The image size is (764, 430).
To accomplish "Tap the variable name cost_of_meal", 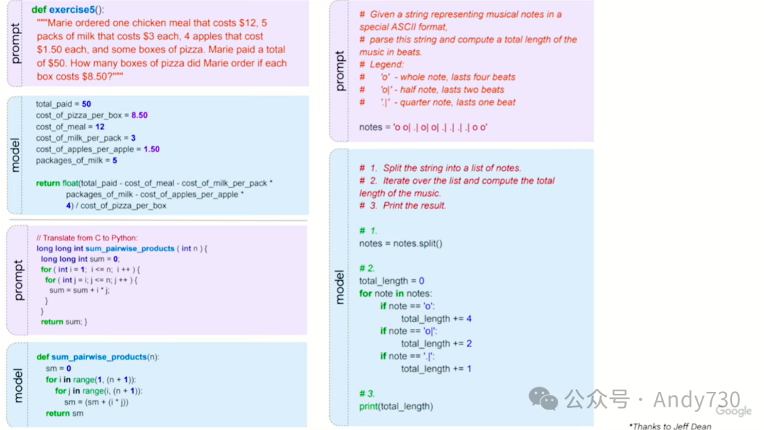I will [x=60, y=127].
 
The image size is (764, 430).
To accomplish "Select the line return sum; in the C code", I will [x=64, y=322].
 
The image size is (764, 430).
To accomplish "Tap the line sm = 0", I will [x=59, y=368].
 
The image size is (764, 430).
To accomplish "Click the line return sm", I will [x=64, y=413].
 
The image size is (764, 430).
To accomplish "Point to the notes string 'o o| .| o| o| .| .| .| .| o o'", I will [x=440, y=127].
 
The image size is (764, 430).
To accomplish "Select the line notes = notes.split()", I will [x=400, y=243].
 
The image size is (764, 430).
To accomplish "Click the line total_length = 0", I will [x=391, y=281].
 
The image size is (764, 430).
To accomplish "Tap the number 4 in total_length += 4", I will [x=469, y=319].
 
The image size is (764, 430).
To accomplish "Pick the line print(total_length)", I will [x=395, y=406].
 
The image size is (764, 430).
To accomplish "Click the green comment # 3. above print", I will [x=366, y=393].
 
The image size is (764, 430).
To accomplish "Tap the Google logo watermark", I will [x=734, y=411].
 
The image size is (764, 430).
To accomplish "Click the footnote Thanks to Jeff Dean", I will [x=669, y=426].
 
